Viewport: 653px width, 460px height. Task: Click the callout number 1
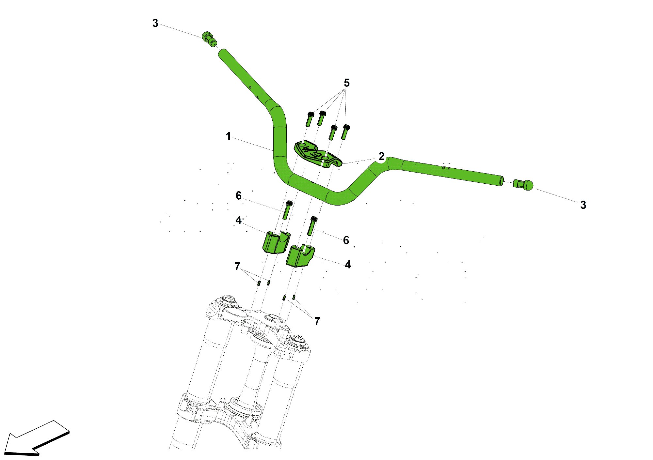pos(228,136)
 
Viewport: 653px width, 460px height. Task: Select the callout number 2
pos(381,156)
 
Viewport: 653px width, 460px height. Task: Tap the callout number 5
pos(347,83)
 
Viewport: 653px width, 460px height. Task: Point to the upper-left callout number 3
pos(155,23)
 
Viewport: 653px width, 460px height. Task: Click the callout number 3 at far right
pos(583,205)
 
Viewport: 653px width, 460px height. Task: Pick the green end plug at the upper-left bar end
pos(209,39)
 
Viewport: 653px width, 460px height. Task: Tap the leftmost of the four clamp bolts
pos(310,119)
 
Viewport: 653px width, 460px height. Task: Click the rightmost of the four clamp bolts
pos(345,132)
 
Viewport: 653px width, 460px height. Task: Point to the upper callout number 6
pos(239,196)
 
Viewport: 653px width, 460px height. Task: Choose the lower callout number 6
pos(346,240)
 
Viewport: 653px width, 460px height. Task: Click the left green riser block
pos(276,242)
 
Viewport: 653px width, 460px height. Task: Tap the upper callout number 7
pos(237,267)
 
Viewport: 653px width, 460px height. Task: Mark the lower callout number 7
pos(317,321)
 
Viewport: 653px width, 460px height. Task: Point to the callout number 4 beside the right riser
pos(348,265)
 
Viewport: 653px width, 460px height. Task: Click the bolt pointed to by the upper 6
pos(287,210)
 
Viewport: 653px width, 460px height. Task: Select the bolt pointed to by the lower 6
pos(312,226)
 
